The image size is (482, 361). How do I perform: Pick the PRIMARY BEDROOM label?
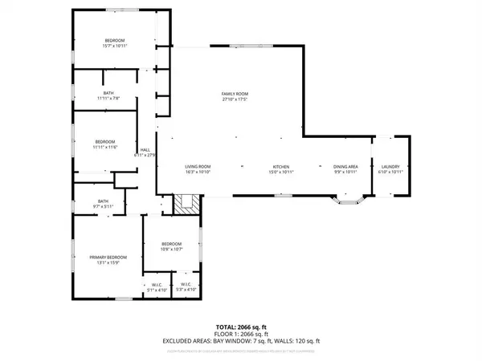[x=108, y=257]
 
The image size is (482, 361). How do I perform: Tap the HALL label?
[x=146, y=149]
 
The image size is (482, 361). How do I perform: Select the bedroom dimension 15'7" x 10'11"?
[x=116, y=46]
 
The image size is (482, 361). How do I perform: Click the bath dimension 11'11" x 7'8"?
[x=108, y=99]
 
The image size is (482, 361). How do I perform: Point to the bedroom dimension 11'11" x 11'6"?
[x=106, y=147]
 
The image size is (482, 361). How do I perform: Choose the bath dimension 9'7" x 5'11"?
[x=103, y=206]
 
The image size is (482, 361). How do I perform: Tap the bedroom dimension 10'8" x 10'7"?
[x=172, y=249]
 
